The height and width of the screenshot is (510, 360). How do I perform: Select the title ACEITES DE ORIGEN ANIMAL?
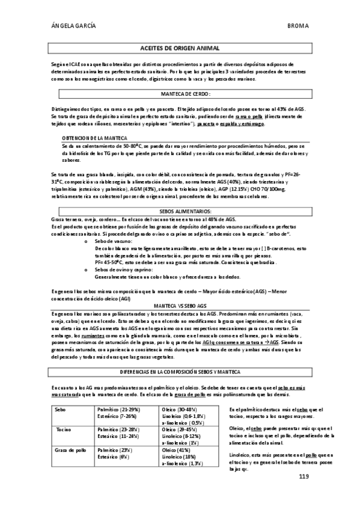tap(180, 47)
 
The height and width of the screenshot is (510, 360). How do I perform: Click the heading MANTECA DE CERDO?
tap(185, 94)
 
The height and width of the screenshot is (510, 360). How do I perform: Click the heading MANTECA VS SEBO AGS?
tap(180, 305)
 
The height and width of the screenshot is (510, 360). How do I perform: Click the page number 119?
tap(304, 476)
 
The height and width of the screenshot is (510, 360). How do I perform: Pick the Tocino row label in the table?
tap(63, 430)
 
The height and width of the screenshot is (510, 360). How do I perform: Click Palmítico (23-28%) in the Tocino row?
tap(118, 430)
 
